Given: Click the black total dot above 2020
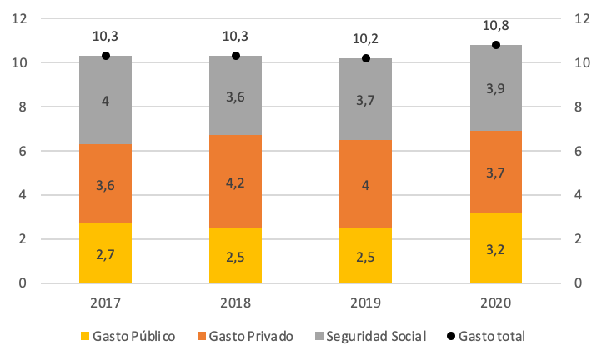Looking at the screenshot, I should [496, 45].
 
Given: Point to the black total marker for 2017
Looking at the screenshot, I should [106, 56].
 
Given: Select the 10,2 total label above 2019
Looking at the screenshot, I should [366, 37].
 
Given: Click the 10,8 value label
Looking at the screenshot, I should [496, 26].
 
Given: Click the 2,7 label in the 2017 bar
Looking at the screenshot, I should [106, 253].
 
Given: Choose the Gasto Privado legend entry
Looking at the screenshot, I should [246, 336].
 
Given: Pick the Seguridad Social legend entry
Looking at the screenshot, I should [370, 336].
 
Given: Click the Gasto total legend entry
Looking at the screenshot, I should [489, 336].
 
